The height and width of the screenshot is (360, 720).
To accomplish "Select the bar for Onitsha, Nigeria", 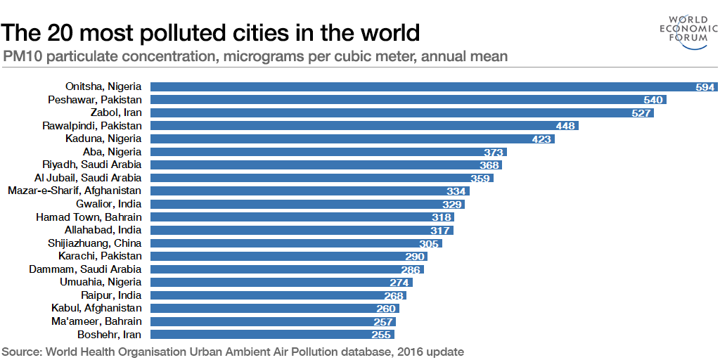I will pyautogui.click(x=422, y=87).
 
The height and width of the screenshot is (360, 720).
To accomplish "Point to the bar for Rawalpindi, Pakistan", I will pyautogui.click(x=352, y=126).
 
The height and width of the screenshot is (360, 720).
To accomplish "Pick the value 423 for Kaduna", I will pyautogui.click(x=541, y=139).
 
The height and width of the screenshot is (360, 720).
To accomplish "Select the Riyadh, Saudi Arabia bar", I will pyautogui.click(x=316, y=165).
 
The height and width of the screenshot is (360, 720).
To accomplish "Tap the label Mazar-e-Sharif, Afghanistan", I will pyautogui.click(x=74, y=191).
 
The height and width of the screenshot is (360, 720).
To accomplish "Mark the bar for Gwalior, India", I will pyautogui.click(x=295, y=204).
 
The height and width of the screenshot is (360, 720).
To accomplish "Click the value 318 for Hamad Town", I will pyautogui.click(x=441, y=217).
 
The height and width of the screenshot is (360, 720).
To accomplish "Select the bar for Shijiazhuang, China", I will pyautogui.click(x=281, y=243).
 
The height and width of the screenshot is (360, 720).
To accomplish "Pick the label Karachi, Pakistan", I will pyautogui.click(x=100, y=256).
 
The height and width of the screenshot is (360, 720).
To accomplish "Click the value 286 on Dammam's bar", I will pyautogui.click(x=410, y=269).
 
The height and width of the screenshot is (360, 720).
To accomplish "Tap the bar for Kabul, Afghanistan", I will pyautogui.click(x=267, y=308).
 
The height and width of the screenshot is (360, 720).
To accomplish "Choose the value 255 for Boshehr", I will pyautogui.click(x=382, y=335).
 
